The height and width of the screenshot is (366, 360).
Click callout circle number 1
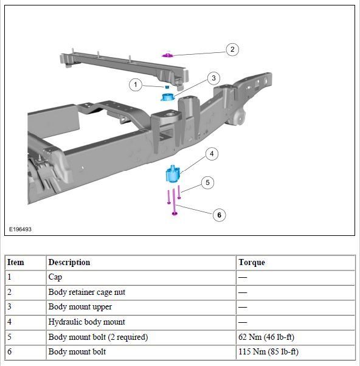136,85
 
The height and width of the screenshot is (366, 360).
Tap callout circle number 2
232,49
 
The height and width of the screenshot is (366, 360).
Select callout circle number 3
213,78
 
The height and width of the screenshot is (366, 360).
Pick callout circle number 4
211,154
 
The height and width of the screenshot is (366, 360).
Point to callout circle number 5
207,182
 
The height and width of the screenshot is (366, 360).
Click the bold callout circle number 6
219,215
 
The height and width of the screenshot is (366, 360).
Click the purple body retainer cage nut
167,55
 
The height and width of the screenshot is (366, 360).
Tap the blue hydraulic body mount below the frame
171,175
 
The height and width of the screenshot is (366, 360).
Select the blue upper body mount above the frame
168,96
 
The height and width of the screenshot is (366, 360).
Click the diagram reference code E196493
19,230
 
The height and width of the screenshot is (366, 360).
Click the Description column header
69,263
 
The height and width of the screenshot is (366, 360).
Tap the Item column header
16,263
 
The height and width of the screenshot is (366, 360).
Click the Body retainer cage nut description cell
87,292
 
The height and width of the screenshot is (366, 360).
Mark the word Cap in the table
55,277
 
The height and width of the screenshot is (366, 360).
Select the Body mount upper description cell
80,307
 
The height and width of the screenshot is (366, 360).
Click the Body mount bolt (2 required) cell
98,337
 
